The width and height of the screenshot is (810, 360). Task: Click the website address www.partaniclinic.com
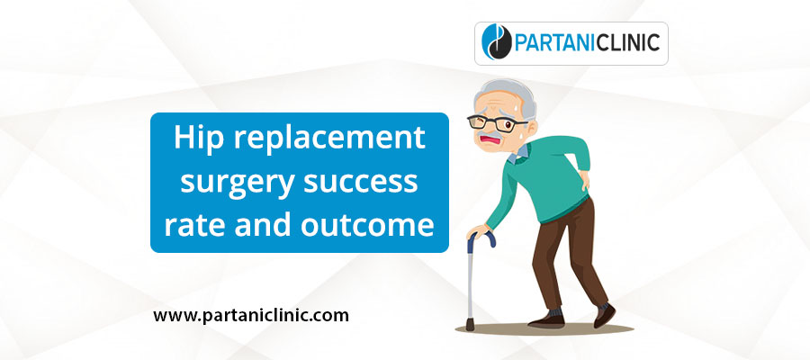[250, 316]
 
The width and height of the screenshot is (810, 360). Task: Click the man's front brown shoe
[545, 320]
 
